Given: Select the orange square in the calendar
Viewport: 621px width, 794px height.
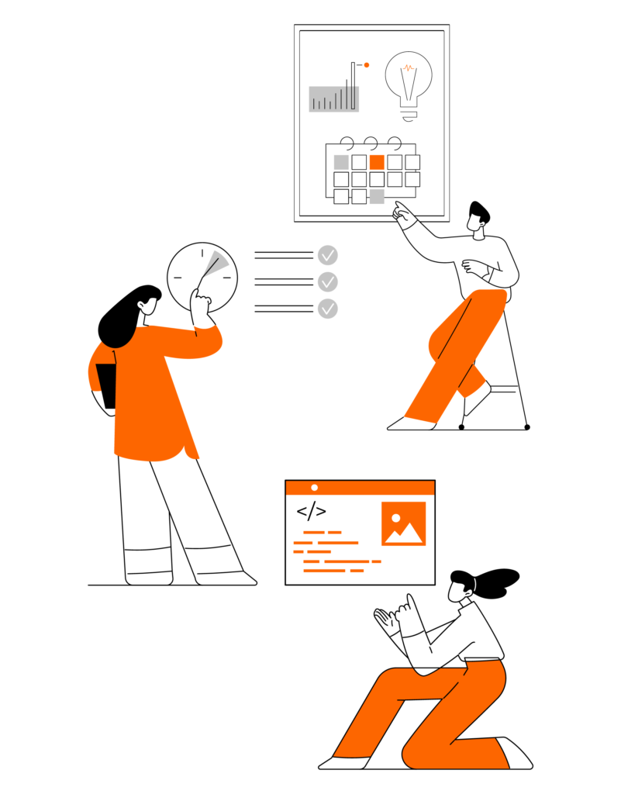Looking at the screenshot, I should click(x=377, y=162).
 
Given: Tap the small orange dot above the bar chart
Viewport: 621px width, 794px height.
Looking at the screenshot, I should click(x=367, y=65).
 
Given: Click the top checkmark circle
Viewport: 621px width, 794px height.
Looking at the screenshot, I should click(x=328, y=255).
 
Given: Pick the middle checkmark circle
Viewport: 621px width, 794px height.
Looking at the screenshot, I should click(x=328, y=281).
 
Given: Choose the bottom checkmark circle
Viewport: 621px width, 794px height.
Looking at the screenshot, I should click(x=328, y=309).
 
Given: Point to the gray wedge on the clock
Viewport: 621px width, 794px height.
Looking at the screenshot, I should click(x=219, y=262).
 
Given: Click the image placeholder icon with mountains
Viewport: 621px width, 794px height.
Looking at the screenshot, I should click(x=403, y=523).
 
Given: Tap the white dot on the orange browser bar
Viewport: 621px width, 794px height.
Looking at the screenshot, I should click(x=314, y=488).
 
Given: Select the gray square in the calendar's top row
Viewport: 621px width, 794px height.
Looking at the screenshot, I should click(x=341, y=162).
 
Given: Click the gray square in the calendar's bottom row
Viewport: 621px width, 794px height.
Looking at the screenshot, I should click(x=377, y=197).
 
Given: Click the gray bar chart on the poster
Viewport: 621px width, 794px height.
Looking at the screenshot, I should click(x=333, y=98).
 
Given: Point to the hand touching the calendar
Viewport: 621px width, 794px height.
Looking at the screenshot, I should click(x=403, y=213).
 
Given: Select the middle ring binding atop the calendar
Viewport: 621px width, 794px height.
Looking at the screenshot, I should click(x=371, y=143).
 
